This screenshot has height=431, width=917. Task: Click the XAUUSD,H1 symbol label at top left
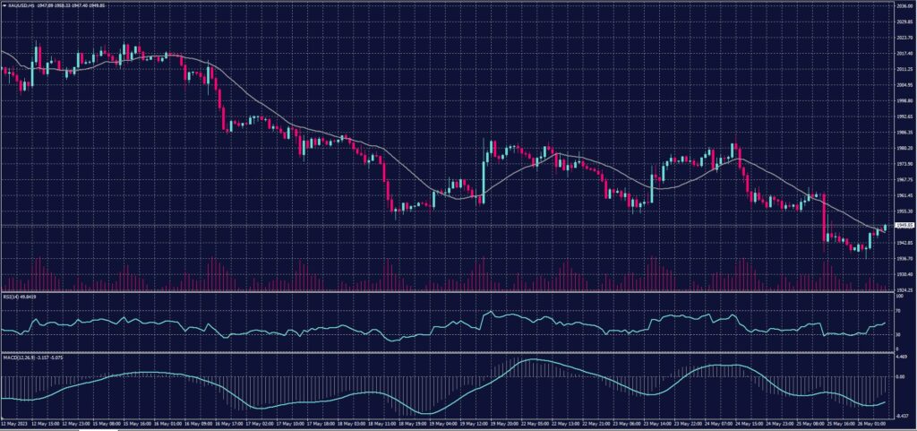(x=18, y=6)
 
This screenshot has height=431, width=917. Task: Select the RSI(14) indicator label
(x=11, y=297)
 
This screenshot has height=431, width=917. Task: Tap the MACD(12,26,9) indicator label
(x=15, y=356)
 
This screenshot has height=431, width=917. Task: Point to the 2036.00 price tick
(x=903, y=5)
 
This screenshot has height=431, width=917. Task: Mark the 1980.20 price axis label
(x=903, y=148)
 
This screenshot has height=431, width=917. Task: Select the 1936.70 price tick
(x=903, y=258)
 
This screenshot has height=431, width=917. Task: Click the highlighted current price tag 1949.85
(x=904, y=225)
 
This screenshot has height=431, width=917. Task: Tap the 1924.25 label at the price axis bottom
(x=903, y=289)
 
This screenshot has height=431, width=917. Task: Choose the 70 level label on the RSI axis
(x=897, y=311)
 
